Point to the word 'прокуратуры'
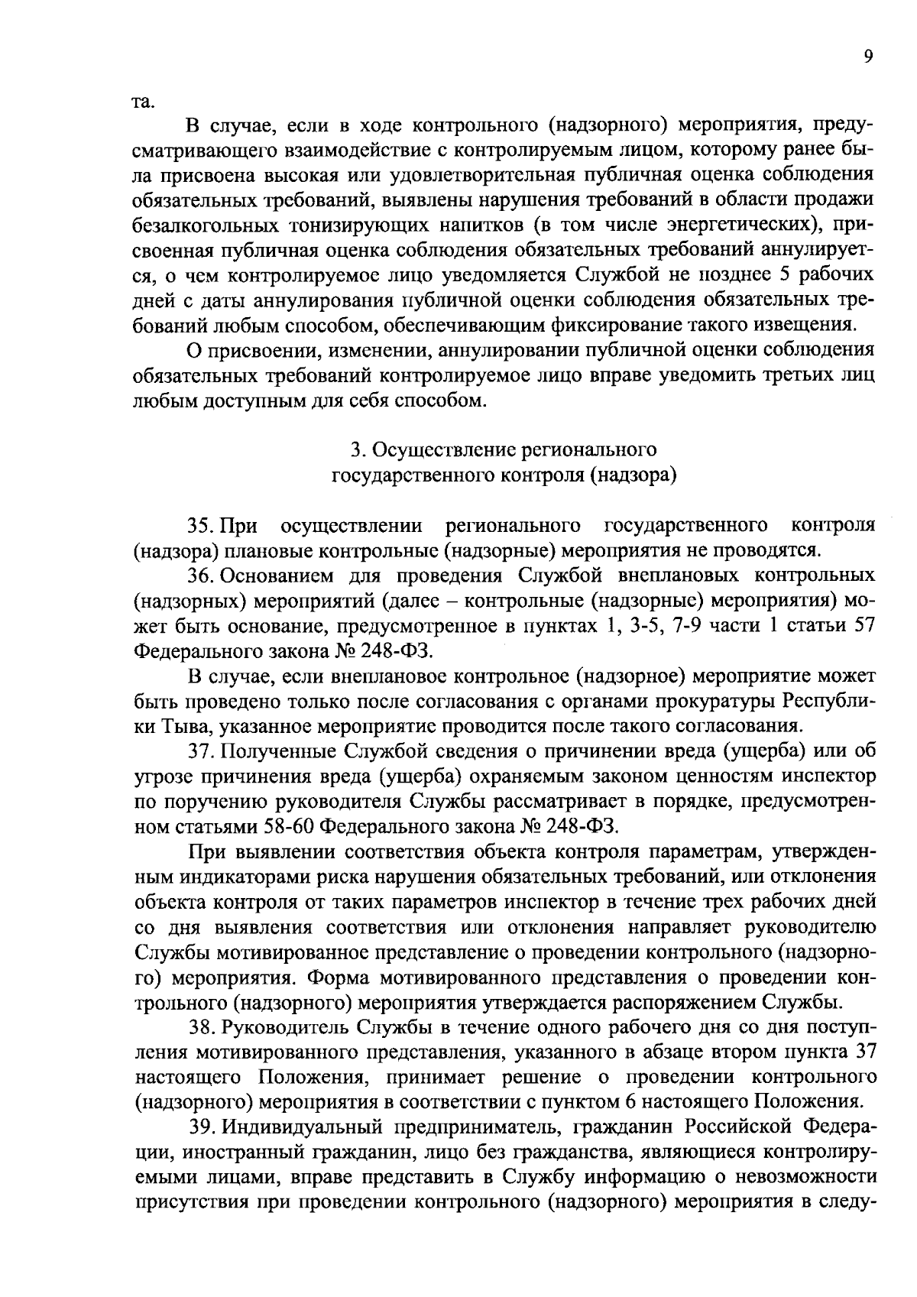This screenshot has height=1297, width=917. (x=721, y=701)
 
